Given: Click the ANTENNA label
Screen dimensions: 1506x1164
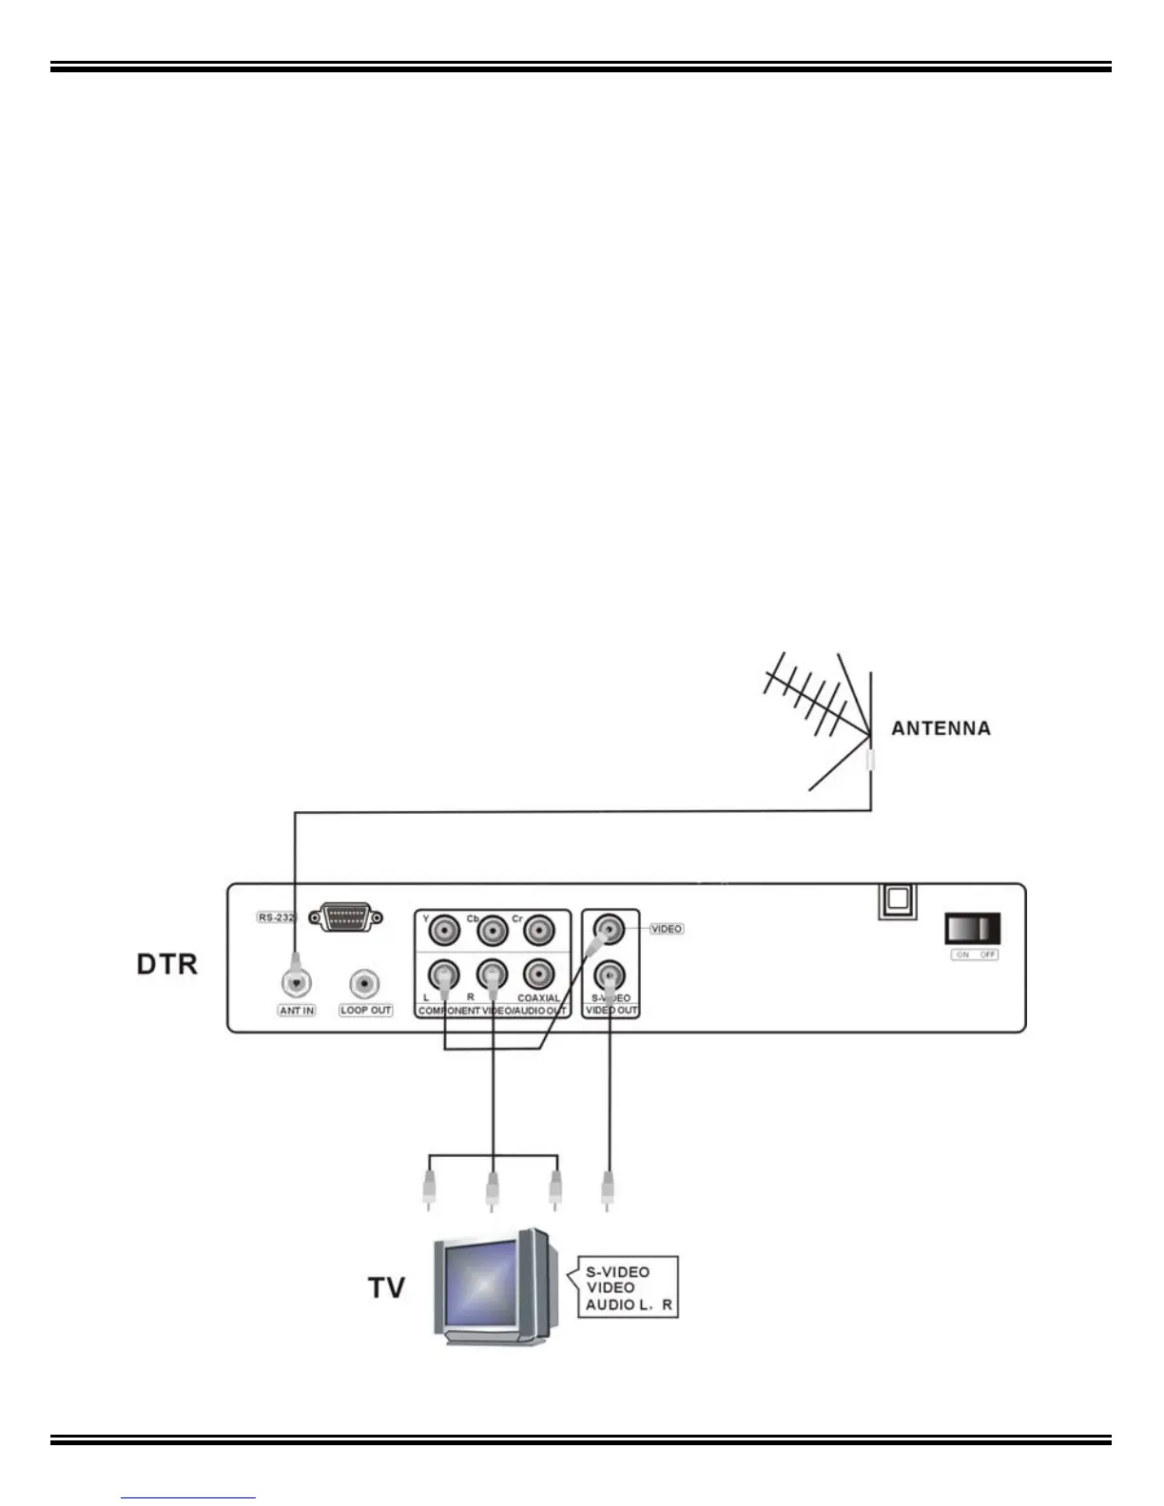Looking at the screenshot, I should (941, 728).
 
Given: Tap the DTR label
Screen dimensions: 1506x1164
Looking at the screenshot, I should (167, 964).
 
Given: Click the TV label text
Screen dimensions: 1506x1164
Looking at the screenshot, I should (386, 1287).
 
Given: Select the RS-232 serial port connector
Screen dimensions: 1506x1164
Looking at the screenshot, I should (346, 918).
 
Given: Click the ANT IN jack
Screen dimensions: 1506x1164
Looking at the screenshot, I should (297, 982).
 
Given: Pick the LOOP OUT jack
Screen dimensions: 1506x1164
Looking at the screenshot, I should (365, 983).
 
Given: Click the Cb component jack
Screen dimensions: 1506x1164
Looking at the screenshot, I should (492, 930).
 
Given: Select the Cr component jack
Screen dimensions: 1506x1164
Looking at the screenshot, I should (538, 930).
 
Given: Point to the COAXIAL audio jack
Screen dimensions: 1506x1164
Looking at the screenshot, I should (538, 975).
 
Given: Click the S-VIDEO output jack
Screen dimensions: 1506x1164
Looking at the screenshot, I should (609, 975).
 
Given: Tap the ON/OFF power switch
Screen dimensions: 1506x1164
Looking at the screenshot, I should (973, 927).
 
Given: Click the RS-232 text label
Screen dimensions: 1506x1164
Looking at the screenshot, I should (276, 917).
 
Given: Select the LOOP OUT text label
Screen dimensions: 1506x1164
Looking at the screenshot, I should (366, 1010).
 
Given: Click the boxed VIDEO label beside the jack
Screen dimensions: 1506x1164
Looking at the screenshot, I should (667, 929).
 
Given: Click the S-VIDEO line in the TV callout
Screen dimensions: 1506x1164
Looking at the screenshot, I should (617, 1272).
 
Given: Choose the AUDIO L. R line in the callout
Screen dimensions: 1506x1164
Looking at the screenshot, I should (629, 1305).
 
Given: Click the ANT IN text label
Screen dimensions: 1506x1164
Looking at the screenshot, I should (297, 1010).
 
